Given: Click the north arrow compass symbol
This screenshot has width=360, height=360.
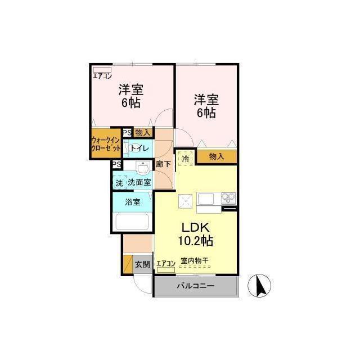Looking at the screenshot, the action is [259, 286].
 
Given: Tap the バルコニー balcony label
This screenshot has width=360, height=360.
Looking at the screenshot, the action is [195, 286].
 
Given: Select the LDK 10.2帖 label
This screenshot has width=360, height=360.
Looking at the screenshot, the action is [196, 234].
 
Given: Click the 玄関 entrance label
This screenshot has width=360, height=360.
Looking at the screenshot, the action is [142, 264].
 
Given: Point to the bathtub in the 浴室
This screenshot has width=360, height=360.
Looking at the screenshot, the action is [132, 222].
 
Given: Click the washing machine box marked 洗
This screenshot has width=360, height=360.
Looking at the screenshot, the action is [119, 183].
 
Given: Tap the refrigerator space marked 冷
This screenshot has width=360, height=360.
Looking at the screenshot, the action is [186, 159].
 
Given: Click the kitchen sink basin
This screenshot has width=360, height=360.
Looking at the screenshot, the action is [206, 199].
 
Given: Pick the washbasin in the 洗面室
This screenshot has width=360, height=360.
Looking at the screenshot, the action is [143, 168].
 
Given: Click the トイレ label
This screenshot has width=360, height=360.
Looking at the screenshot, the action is [140, 148].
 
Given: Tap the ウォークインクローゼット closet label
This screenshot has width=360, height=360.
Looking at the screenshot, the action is [106, 144].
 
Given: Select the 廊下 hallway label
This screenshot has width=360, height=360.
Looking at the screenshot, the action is [163, 164].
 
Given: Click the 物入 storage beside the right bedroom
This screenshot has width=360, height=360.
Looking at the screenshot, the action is [217, 156].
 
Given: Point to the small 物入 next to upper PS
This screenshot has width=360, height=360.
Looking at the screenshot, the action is [142, 133].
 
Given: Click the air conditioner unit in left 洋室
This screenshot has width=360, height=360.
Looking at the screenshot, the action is [102, 69].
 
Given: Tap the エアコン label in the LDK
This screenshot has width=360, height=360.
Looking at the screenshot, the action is [166, 264].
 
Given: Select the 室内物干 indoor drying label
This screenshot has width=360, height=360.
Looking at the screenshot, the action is [195, 261].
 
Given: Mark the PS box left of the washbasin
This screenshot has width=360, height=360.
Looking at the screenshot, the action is [117, 165].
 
